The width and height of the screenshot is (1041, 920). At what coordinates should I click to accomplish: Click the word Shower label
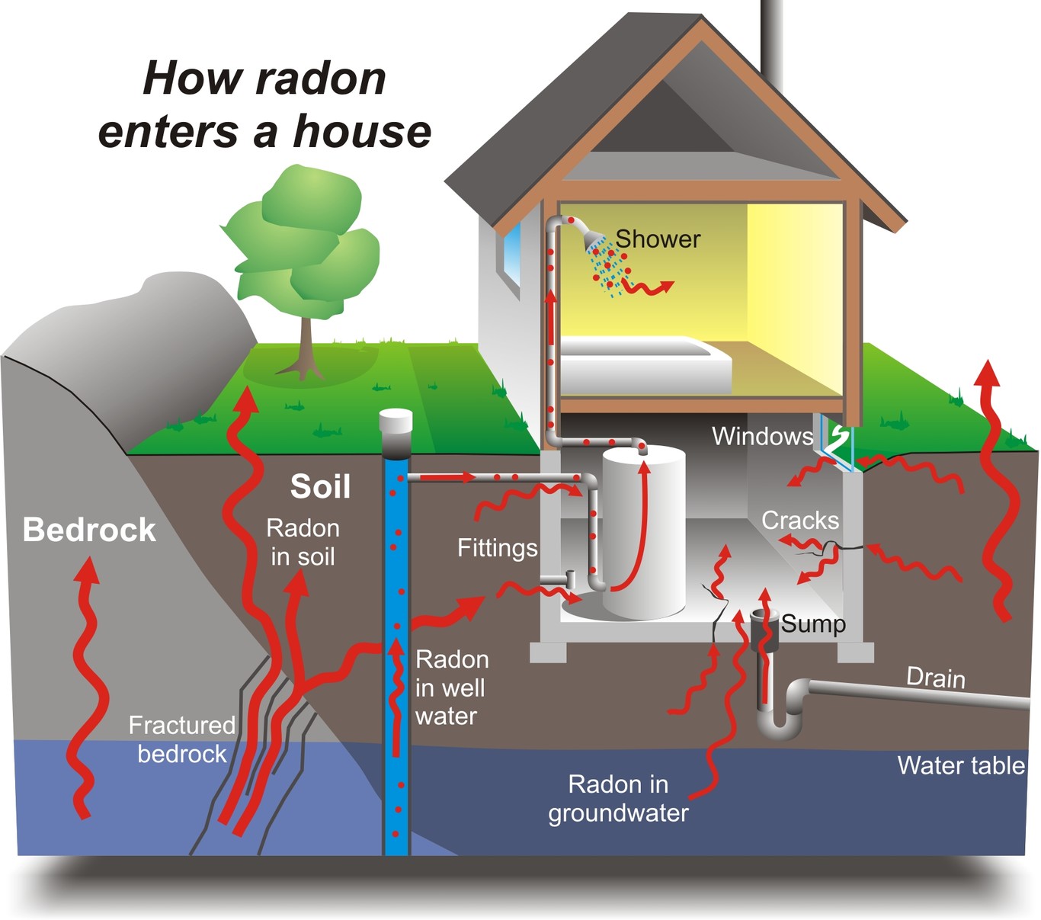pyautogui.click(x=657, y=239)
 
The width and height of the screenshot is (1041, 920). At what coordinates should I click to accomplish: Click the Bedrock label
pyautogui.click(x=89, y=530)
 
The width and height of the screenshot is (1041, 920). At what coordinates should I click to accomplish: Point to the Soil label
pyautogui.click(x=320, y=487)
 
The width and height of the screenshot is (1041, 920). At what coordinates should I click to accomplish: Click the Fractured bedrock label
pyautogui.click(x=181, y=739)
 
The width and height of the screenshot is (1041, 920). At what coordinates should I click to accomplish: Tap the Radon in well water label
pyautogui.click(x=451, y=688)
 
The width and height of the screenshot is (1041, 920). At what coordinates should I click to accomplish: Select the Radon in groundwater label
pyautogui.click(x=618, y=799)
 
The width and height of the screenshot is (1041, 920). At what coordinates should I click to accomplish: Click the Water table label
pyautogui.click(x=960, y=765)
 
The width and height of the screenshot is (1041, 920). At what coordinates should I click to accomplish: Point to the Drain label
pyautogui.click(x=935, y=678)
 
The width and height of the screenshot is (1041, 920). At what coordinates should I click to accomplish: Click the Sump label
pyautogui.click(x=813, y=624)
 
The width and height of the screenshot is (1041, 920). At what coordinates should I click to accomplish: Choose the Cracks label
pyautogui.click(x=799, y=521)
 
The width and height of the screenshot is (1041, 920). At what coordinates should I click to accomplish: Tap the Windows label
pyautogui.click(x=762, y=437)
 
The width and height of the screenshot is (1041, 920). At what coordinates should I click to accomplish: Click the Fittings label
pyautogui.click(x=497, y=548)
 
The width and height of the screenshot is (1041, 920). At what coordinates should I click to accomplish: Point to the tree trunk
pyautogui.click(x=306, y=347)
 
